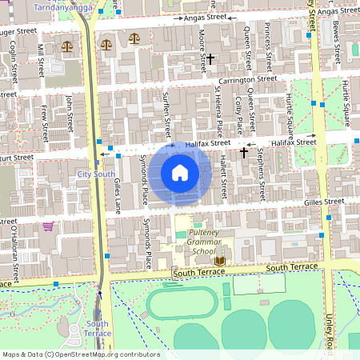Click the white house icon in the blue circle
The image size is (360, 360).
coord(179,172)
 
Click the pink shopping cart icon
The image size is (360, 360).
coord(48,226)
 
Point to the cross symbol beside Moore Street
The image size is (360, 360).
coord(210,58)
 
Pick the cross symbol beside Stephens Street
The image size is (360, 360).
coord(243,152)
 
